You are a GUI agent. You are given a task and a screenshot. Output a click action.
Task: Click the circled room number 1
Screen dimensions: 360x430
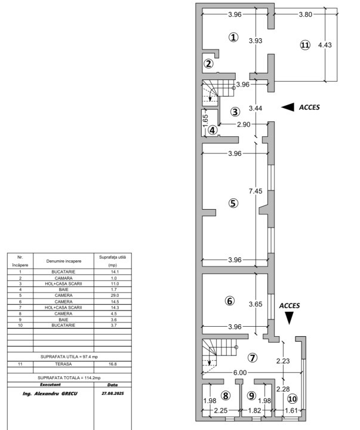pyautogui.click(x=233, y=37)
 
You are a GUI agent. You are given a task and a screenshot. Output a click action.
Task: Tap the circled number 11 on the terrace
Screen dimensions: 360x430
pyautogui.click(x=305, y=45)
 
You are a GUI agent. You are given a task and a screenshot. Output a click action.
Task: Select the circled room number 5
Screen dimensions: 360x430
pyautogui.click(x=233, y=203)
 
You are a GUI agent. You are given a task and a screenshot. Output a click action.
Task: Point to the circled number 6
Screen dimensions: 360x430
pyautogui.click(x=229, y=301)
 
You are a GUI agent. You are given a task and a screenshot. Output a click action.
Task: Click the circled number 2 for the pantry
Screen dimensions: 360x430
pyautogui.click(x=208, y=64)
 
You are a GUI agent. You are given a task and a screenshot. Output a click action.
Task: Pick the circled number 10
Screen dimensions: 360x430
pyautogui.click(x=293, y=398)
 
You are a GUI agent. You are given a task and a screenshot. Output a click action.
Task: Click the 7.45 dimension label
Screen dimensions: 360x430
pyautogui.click(x=256, y=191)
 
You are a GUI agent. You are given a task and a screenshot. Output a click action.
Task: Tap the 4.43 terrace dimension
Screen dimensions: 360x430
pyautogui.click(x=325, y=45)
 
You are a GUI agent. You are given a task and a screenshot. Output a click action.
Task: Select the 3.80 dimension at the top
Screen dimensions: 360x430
pyautogui.click(x=306, y=14)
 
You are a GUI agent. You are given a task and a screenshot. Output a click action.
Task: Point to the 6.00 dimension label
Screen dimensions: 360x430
pyautogui.click(x=240, y=373)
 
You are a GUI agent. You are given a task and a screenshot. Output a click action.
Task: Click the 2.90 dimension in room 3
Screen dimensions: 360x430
pyautogui.click(x=244, y=124)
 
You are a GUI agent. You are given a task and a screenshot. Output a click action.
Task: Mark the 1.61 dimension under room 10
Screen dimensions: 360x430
pyautogui.click(x=291, y=410)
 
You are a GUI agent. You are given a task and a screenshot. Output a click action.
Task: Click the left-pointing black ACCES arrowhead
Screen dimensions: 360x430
pyautogui.click(x=288, y=107)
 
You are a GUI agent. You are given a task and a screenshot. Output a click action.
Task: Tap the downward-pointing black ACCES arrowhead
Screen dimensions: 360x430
pyautogui.click(x=290, y=318)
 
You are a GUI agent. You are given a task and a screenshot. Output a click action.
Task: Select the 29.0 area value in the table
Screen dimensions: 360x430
pyautogui.click(x=114, y=296)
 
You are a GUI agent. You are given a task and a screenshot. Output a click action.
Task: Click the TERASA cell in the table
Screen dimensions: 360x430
pyautogui.click(x=63, y=364)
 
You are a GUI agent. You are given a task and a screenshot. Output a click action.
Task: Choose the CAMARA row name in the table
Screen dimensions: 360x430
pyautogui.click(x=63, y=278)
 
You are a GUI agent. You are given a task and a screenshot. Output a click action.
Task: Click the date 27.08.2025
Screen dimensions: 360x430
pyautogui.click(x=113, y=393)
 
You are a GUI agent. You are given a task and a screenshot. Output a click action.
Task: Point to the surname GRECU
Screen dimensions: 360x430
pyautogui.click(x=69, y=394)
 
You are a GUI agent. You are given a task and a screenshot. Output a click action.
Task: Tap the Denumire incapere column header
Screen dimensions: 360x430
pyautogui.click(x=64, y=261)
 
